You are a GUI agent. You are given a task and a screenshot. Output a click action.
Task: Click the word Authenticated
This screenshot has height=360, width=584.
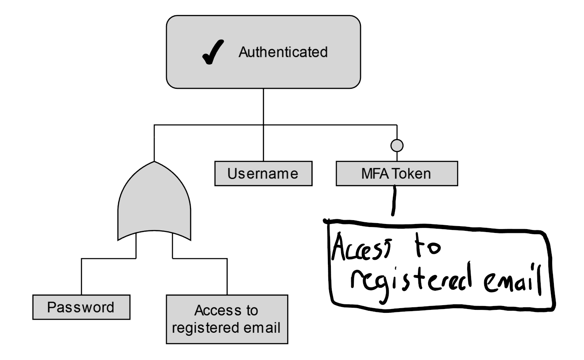coord(283,52)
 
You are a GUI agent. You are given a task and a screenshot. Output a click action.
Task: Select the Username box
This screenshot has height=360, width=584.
coord(263,173)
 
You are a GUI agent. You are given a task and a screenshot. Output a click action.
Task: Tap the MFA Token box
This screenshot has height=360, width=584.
coord(397,173)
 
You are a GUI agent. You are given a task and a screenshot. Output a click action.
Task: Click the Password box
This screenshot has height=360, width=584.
coord(81,307)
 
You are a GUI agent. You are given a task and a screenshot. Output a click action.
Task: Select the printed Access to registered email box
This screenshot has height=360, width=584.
coord(227,319)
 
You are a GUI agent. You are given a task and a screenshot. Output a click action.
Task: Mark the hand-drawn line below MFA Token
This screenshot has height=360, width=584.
coord(392,203)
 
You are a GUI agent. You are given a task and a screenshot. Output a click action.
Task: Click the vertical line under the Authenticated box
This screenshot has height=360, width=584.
coord(263,106)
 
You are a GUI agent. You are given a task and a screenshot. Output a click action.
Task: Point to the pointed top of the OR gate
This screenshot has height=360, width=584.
coord(154,163)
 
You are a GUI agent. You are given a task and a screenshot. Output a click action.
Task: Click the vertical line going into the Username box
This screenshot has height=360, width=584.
coord(263,145)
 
